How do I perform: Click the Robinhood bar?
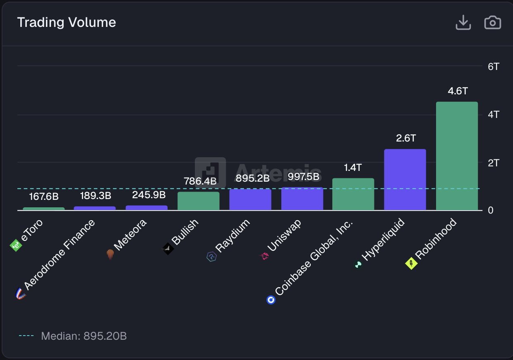457,156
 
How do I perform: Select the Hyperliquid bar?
405,180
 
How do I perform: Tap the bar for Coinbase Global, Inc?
353,194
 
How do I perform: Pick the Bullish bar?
198,201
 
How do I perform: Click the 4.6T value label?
457,91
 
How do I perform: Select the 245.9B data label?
149,194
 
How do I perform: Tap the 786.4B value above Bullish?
200,181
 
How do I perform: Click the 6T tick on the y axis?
494,66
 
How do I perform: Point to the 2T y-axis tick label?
494,163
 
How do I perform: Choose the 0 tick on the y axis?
491,210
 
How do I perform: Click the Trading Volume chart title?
66,22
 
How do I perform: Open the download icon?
463,22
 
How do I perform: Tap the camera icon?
492,22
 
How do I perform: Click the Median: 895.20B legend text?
84,336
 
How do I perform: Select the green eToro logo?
15,246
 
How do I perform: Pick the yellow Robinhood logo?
411,263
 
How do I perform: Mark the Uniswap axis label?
284,235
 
